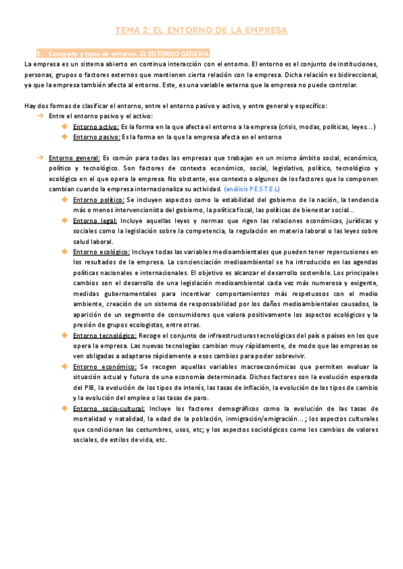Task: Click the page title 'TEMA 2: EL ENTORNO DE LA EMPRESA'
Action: click(x=201, y=30)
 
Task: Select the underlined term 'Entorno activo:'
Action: click(x=95, y=127)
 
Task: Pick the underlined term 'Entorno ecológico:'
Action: click(x=101, y=252)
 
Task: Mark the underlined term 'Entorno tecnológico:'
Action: click(x=106, y=335)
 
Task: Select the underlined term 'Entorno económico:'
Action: click(x=103, y=367)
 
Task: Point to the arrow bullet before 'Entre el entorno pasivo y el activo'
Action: click(x=40, y=116)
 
